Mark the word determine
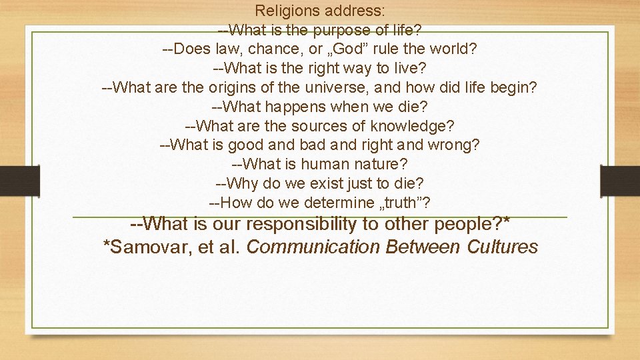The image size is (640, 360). pos(338,203)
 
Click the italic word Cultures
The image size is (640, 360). pos(503,247)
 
